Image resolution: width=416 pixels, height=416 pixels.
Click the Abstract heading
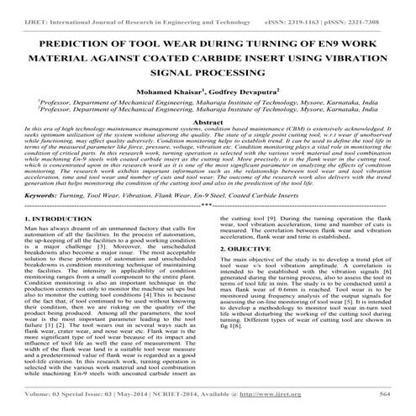coord(208,122)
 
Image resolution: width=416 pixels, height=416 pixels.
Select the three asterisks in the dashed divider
coord(208,204)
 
